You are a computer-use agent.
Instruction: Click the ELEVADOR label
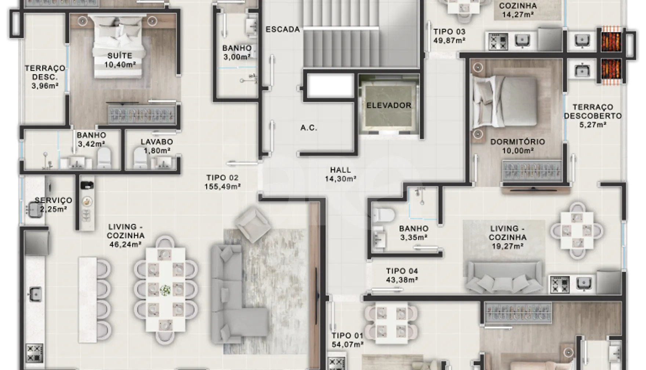point(389,105)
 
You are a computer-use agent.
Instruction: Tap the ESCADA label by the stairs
point(283,29)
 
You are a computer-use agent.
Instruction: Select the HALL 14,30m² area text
point(340,174)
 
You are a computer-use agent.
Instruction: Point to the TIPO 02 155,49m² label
point(222,182)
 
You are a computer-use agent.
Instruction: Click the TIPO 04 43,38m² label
point(402,275)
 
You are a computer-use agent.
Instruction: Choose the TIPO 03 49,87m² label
point(449,36)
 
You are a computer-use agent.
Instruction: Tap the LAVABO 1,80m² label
point(157,146)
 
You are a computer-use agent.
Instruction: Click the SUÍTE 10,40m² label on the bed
point(120,60)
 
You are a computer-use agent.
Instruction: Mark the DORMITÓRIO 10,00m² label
point(518,146)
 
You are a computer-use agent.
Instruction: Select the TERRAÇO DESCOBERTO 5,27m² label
point(593,116)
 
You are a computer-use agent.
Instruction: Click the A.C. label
point(309,128)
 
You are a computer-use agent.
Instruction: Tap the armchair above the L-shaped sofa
point(253,224)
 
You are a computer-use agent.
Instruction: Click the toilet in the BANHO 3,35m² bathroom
point(384,215)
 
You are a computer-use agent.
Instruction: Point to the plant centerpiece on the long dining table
point(165,290)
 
